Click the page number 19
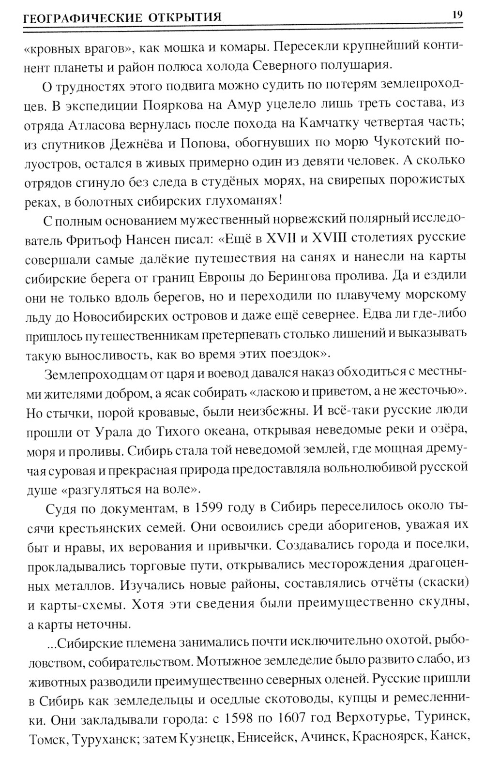click(x=457, y=15)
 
